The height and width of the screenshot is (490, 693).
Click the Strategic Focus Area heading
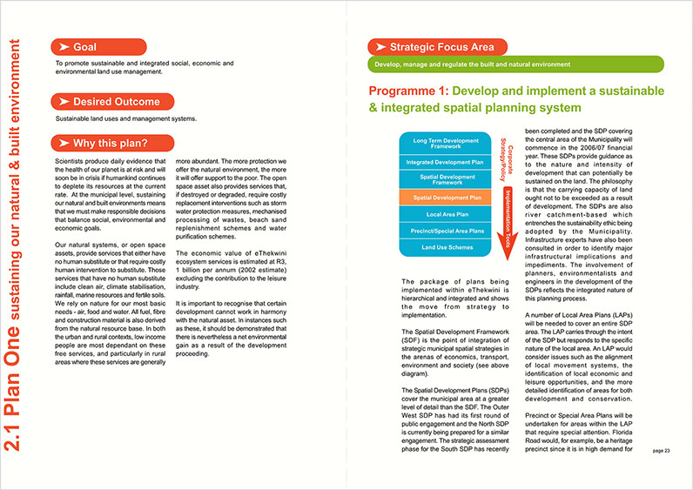click(x=433, y=47)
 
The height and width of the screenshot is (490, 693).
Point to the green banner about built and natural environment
click(x=515, y=64)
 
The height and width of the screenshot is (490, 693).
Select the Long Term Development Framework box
click(x=446, y=144)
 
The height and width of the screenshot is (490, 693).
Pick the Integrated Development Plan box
click(x=446, y=162)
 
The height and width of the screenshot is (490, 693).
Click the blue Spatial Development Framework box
click(x=446, y=179)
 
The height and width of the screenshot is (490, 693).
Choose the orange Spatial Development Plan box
click(x=446, y=198)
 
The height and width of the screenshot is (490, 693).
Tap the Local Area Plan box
click(x=446, y=214)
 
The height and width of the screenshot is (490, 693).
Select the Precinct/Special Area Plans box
click(x=446, y=231)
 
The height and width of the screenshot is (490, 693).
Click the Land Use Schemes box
click(x=446, y=247)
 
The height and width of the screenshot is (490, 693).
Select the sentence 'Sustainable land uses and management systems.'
click(x=125, y=118)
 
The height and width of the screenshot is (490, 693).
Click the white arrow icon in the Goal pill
click(x=63, y=46)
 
